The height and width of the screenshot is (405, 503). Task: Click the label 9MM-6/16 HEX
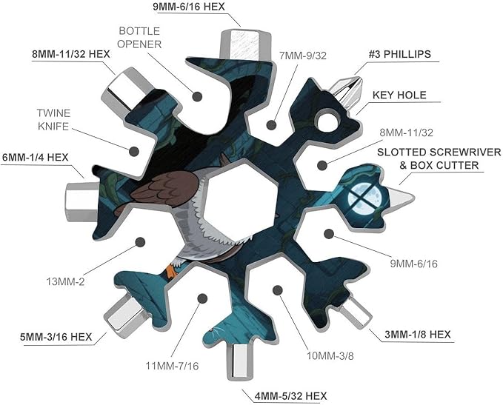189,7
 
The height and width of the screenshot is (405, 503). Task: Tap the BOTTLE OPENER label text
139,38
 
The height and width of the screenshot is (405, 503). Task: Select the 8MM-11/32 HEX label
71,54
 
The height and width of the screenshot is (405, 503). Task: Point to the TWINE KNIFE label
53,120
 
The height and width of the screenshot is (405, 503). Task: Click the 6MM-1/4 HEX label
36,158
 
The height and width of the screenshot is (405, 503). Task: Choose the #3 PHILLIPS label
399,54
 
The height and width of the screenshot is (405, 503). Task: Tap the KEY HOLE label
399,95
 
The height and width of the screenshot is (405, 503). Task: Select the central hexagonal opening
240,197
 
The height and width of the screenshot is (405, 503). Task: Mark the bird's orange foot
172,271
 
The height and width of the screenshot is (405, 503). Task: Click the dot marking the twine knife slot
134,151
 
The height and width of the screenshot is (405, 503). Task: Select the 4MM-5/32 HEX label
290,396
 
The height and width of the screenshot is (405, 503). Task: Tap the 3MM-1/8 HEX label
418,335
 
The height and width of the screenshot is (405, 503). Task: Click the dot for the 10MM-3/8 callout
278,290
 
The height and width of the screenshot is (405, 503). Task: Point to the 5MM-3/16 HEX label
56,337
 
